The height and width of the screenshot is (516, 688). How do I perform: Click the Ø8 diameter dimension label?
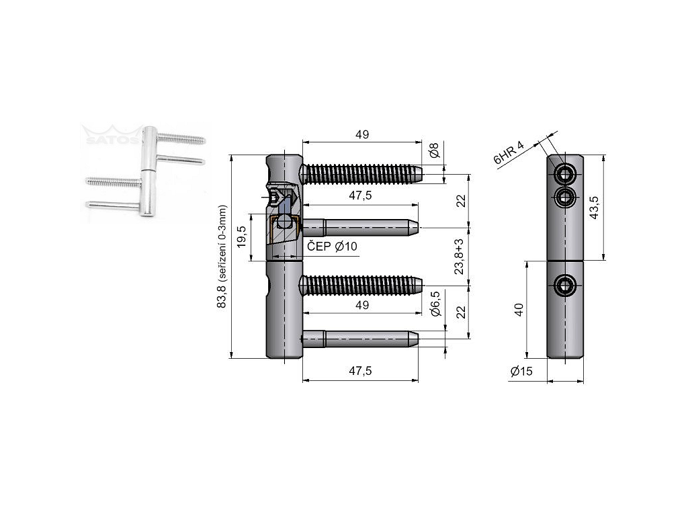pyautogui.click(x=434, y=150)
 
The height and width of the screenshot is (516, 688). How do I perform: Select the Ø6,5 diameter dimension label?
pyautogui.click(x=435, y=304)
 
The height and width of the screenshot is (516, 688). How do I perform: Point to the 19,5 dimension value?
pyautogui.click(x=242, y=237)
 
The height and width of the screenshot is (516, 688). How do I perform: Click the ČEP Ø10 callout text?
pyautogui.click(x=332, y=247)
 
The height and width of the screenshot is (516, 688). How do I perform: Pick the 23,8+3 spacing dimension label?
pyautogui.click(x=460, y=257)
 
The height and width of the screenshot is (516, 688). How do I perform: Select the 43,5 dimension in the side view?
pyautogui.click(x=594, y=208)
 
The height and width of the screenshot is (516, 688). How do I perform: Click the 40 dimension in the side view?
pyautogui.click(x=519, y=310)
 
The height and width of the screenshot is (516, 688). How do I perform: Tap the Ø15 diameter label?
pyautogui.click(x=521, y=371)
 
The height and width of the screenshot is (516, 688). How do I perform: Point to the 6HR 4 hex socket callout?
pyautogui.click(x=509, y=153)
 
